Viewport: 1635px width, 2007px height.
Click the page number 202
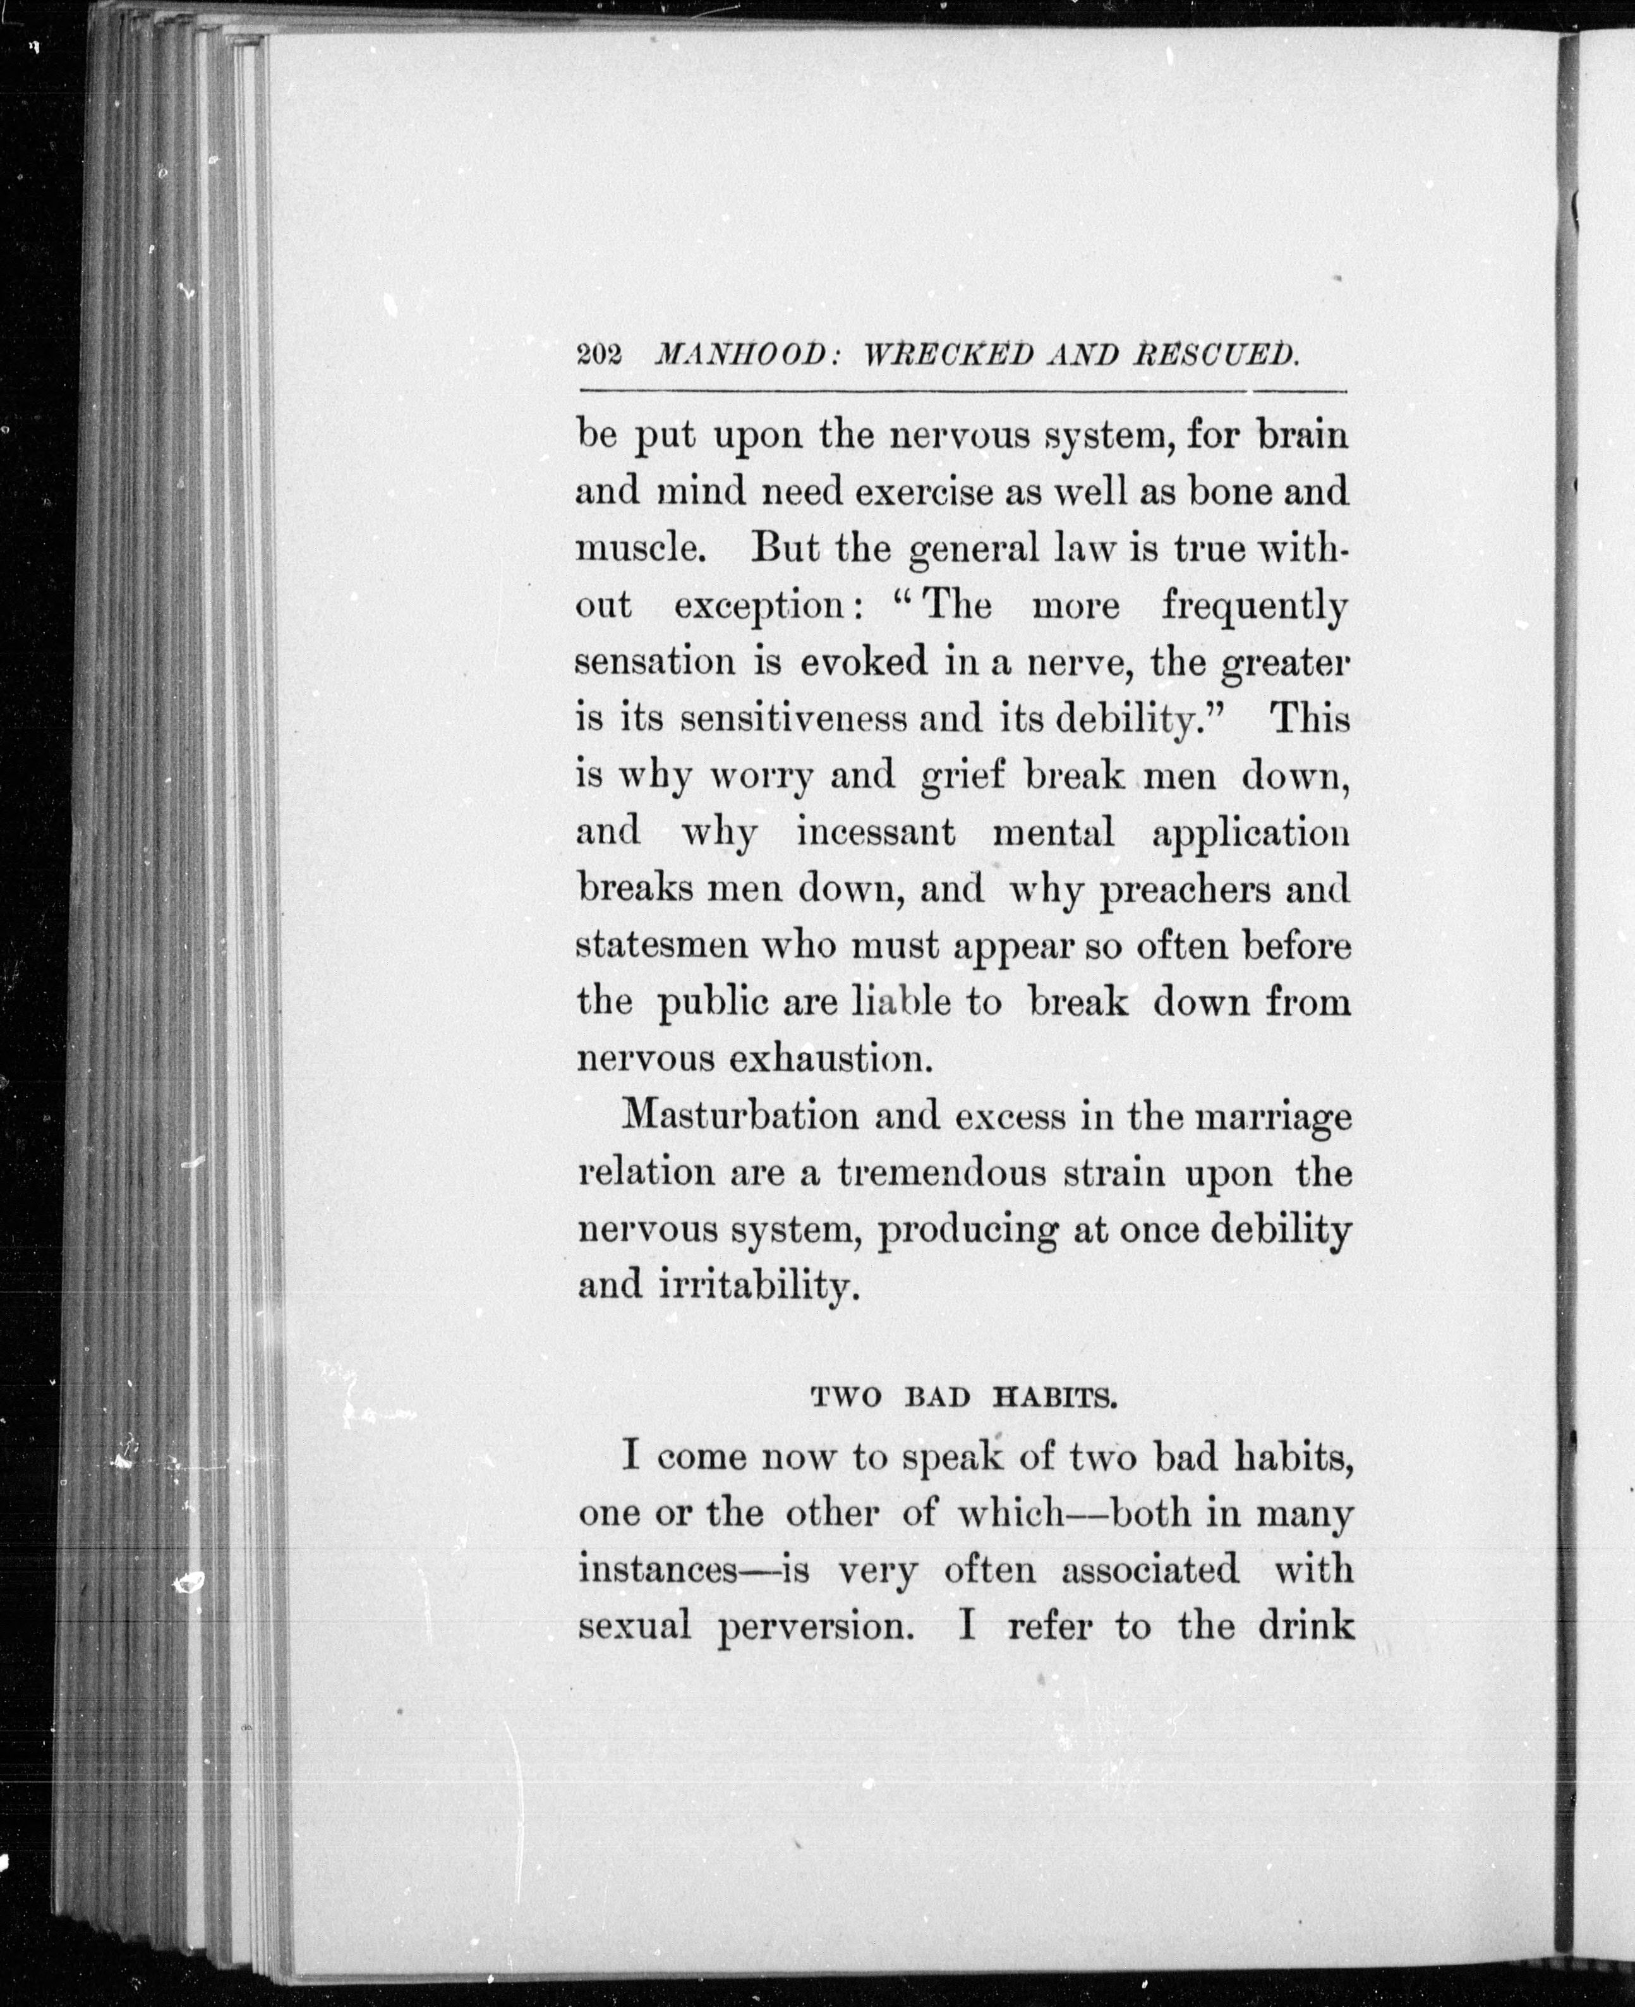[x=598, y=355]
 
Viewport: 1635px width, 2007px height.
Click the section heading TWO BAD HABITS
[x=963, y=1398]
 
